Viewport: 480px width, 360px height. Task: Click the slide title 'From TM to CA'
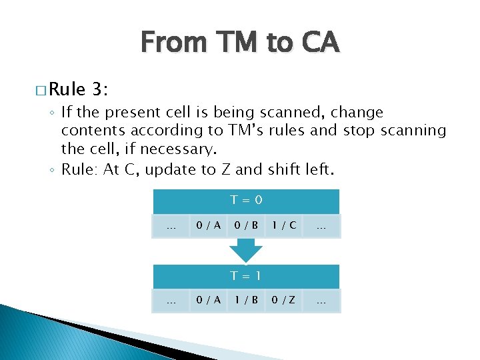(240, 43)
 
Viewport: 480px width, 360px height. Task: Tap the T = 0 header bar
(246, 201)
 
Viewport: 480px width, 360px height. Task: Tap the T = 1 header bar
(246, 276)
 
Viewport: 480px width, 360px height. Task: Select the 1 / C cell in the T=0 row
(285, 226)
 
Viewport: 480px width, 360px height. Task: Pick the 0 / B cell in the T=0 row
(246, 226)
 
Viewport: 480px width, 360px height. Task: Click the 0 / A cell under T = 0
(207, 226)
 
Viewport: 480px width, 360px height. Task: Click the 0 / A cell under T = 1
(207, 301)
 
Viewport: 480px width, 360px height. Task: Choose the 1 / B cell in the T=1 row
(246, 301)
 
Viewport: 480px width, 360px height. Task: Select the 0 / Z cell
(285, 301)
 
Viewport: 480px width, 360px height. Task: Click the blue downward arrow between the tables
(246, 251)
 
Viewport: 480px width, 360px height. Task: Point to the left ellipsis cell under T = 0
(171, 226)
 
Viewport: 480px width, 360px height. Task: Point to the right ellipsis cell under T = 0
(321, 226)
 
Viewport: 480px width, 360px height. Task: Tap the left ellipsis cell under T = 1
(171, 301)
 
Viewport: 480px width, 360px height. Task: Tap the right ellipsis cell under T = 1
(321, 301)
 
